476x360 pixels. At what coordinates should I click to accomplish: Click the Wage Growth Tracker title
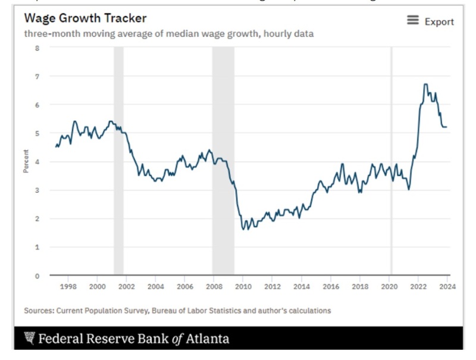click(85, 18)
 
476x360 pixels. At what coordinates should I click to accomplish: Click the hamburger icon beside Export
click(413, 21)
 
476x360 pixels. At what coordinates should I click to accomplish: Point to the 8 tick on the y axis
click(37, 48)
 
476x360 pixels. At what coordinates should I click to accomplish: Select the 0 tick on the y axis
click(37, 276)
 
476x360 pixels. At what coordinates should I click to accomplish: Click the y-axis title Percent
click(26, 162)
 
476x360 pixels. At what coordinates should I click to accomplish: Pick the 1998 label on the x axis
click(68, 286)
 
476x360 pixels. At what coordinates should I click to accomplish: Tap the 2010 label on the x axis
click(243, 286)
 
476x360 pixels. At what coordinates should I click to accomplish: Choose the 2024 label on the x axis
click(447, 286)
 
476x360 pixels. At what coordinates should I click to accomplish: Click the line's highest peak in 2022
click(425, 84)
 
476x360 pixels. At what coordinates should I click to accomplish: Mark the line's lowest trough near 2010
click(243, 229)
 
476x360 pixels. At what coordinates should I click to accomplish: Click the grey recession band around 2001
click(118, 161)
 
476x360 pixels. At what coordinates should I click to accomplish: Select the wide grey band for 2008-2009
click(223, 161)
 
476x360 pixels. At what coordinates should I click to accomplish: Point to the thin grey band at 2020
click(391, 161)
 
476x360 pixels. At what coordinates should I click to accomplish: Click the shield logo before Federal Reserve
click(29, 339)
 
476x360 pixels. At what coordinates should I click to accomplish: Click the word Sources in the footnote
click(38, 310)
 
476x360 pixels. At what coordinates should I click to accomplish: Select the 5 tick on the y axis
click(37, 133)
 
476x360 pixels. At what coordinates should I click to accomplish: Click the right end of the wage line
click(447, 127)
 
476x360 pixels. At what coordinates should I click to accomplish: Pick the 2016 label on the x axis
click(331, 286)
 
